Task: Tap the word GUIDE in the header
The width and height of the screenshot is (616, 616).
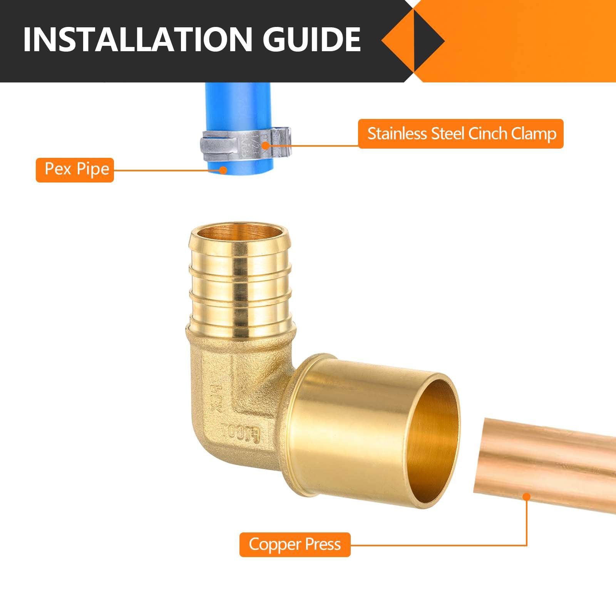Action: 311,40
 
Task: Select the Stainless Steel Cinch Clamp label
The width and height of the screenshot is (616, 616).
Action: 460,134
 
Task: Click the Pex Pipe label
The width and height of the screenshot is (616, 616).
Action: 75,169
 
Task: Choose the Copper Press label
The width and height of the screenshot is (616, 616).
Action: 295,544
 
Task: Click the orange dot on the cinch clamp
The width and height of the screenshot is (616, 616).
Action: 265,146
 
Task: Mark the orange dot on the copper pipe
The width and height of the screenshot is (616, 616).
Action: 527,497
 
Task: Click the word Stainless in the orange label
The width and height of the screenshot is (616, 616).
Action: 398,134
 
